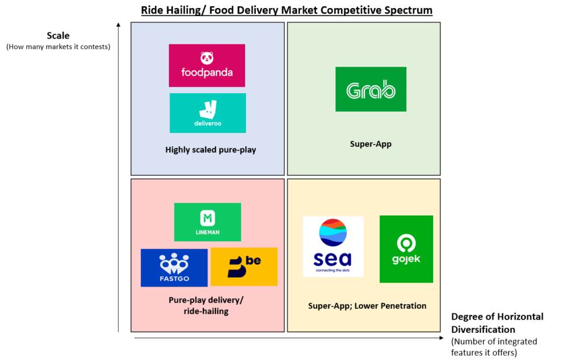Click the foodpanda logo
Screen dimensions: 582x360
(x=207, y=65)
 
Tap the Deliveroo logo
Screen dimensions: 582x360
(x=207, y=113)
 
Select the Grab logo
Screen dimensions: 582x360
(x=371, y=89)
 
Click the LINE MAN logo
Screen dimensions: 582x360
(x=207, y=222)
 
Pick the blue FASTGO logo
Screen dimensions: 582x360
(x=174, y=267)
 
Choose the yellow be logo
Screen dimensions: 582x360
(x=244, y=267)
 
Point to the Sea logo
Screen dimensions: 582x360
(x=333, y=246)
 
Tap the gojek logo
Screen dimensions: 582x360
(x=406, y=249)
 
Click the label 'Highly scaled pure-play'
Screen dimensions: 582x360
(x=210, y=150)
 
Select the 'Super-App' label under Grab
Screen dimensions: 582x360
(x=371, y=144)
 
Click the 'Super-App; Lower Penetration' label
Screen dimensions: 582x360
(x=367, y=306)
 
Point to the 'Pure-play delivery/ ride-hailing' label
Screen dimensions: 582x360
(x=206, y=305)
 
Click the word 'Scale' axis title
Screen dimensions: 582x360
(x=58, y=35)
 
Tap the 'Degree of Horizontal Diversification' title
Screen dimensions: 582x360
(x=497, y=323)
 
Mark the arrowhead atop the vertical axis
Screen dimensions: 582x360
(x=118, y=24)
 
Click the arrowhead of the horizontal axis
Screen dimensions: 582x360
(x=441, y=338)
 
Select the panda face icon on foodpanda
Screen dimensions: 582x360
(x=207, y=58)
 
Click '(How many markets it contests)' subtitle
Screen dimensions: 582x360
(x=59, y=47)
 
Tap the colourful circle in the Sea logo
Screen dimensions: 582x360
(x=333, y=233)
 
